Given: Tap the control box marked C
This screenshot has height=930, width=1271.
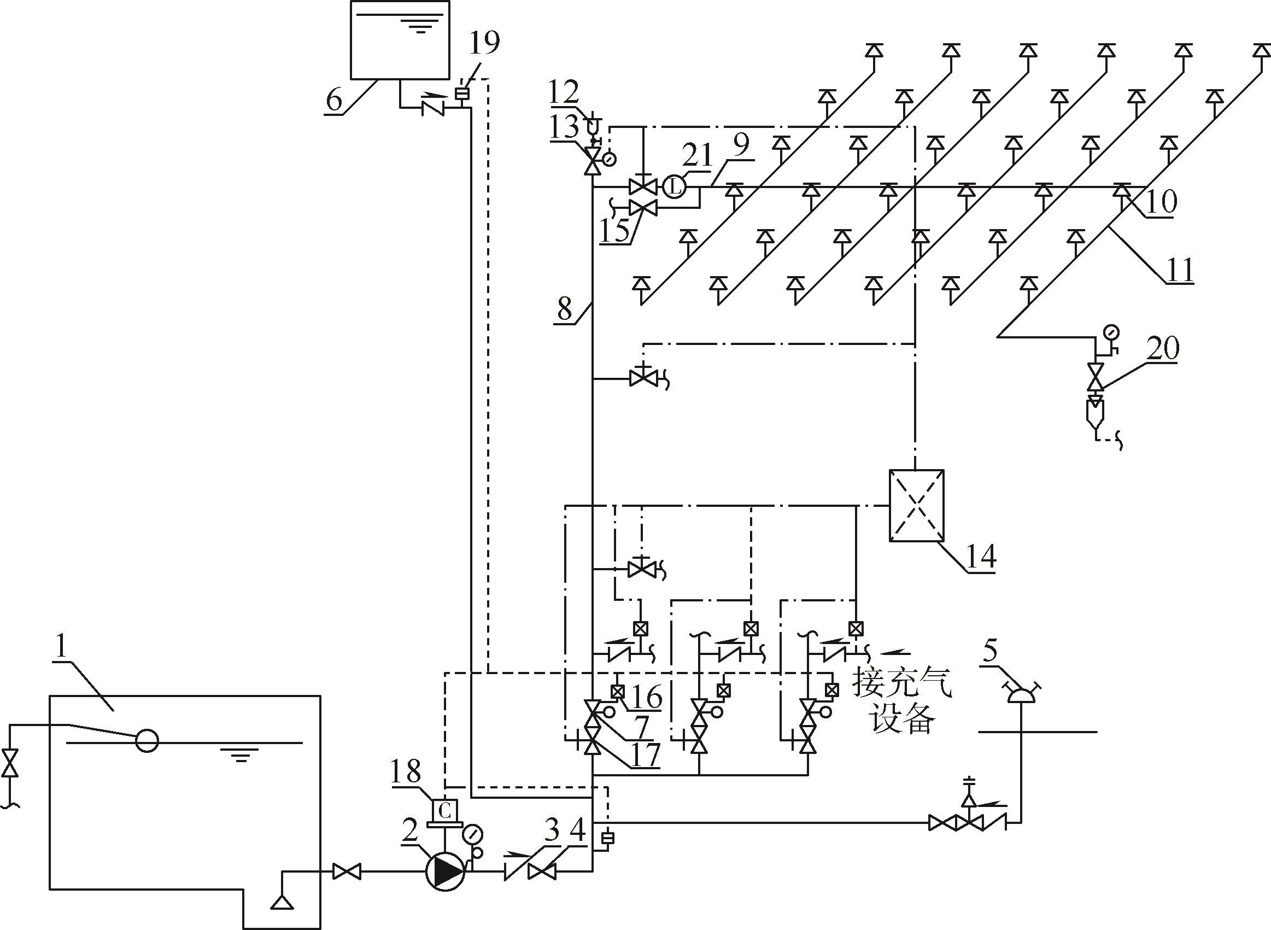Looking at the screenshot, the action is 444,811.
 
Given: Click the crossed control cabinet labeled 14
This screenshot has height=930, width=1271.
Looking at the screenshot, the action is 916,506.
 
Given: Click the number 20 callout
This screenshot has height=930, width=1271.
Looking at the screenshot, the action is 1163,348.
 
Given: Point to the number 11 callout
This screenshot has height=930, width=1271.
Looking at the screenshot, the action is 1179,271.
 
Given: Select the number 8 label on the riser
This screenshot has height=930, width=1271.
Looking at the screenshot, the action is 565,308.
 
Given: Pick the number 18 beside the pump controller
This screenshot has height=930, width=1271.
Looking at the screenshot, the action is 406,772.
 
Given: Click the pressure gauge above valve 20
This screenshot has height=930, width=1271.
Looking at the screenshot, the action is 1111,333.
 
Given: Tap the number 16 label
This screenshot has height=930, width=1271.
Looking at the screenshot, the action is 647,698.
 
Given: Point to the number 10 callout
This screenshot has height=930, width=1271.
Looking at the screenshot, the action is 1161,202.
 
